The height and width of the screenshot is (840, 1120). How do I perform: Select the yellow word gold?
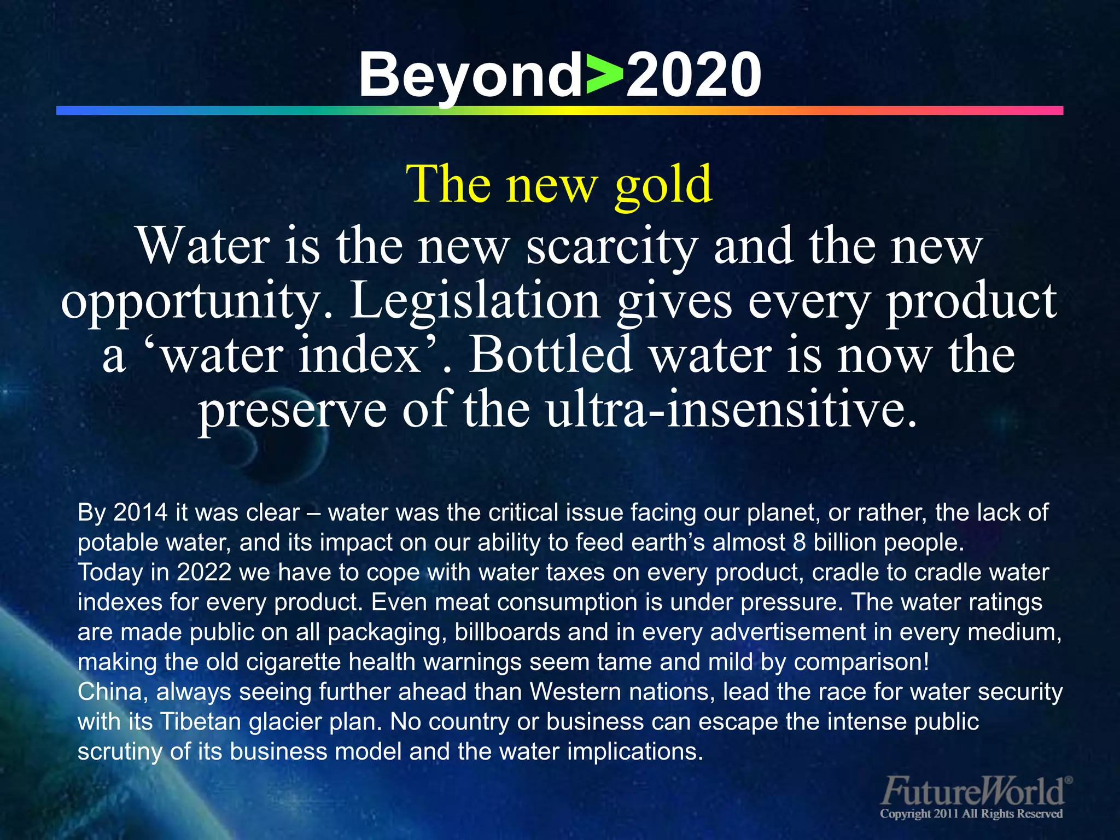[x=663, y=185]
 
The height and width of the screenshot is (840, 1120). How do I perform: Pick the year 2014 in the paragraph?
[x=141, y=512]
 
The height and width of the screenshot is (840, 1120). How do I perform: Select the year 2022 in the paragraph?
[x=204, y=572]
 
